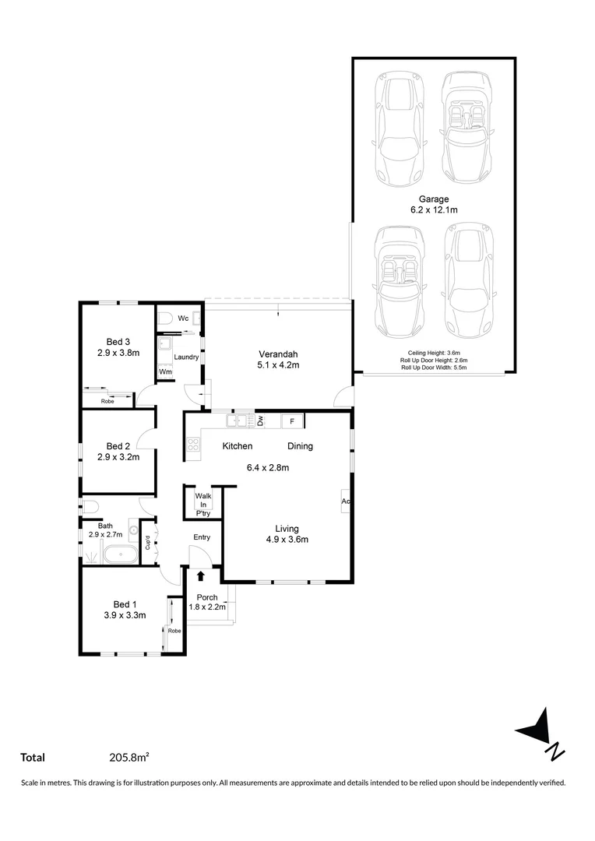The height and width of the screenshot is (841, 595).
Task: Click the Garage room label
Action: point(434,199)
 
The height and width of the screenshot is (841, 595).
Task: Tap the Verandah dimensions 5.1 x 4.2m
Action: point(278,364)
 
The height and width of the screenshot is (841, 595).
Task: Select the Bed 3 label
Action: point(118,341)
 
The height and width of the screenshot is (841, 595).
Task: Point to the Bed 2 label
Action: point(118,446)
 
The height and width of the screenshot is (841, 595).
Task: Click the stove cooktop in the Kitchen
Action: point(192,446)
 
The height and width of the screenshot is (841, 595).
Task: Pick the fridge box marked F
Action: point(292,421)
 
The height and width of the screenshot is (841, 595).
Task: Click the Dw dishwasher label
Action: point(261,421)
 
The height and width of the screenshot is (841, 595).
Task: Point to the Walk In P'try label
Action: point(203,504)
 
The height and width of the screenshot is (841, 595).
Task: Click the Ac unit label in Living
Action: point(345,501)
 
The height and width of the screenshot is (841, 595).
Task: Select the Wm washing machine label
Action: point(165,372)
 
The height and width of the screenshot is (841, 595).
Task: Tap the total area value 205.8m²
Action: point(129,757)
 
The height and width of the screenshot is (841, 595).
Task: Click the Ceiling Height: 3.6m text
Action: point(434,353)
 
